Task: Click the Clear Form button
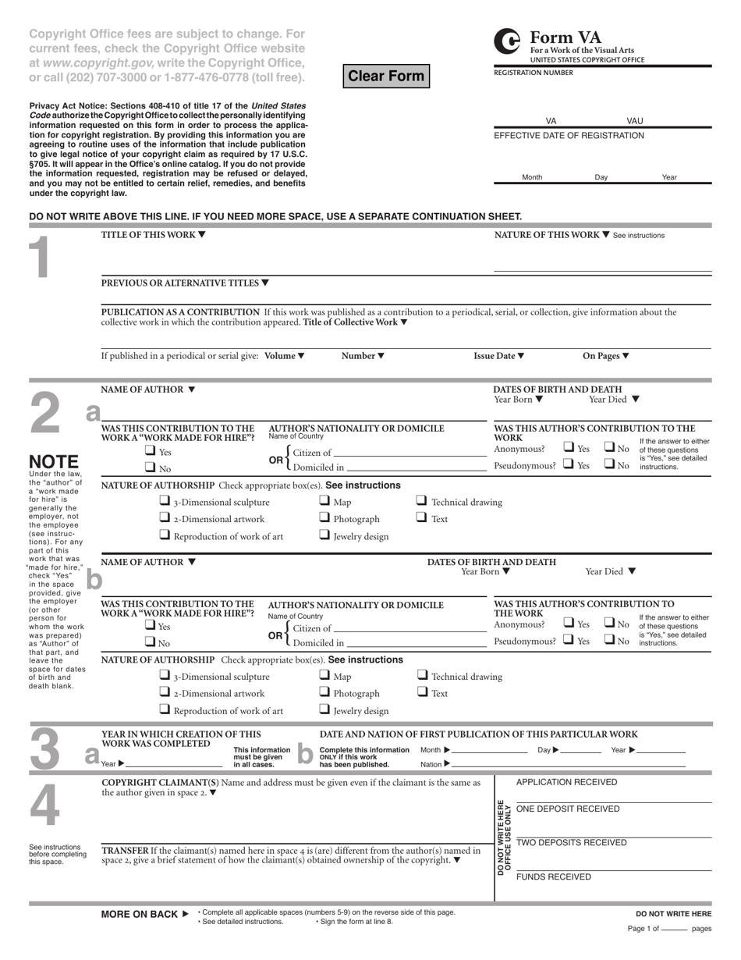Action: [386, 76]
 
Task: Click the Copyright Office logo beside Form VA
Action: [508, 41]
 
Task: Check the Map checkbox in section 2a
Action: [324, 501]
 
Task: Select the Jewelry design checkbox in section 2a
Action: [324, 535]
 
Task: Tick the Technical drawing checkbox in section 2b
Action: [422, 675]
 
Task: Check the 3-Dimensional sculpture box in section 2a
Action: [165, 501]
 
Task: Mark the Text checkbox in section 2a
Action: [422, 518]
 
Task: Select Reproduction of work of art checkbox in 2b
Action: [165, 709]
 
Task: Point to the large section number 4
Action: [44, 804]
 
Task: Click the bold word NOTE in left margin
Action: [53, 461]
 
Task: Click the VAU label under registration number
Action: [635, 121]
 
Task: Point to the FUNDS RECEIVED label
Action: [554, 876]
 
